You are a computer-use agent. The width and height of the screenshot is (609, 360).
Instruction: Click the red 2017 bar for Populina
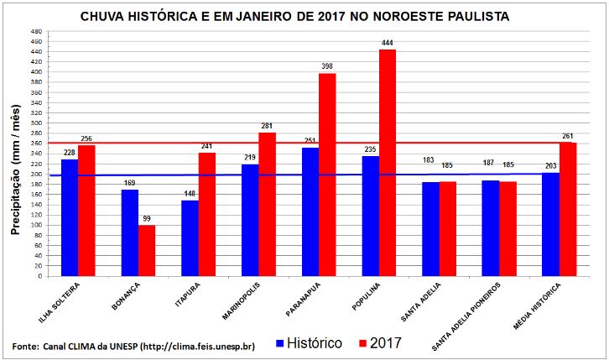click(387, 163)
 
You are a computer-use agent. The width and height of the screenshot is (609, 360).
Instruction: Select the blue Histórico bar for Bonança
click(130, 232)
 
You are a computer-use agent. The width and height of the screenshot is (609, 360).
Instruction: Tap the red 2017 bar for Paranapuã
click(327, 175)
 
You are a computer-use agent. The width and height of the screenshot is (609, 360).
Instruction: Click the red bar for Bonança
click(147, 250)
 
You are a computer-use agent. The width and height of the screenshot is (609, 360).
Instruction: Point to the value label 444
click(387, 42)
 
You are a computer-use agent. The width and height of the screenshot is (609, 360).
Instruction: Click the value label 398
click(327, 65)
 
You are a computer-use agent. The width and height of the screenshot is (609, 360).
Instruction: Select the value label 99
click(148, 217)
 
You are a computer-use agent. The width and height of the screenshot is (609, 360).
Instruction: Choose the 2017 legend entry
click(377, 342)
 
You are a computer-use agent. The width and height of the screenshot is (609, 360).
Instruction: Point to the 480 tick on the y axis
click(35, 32)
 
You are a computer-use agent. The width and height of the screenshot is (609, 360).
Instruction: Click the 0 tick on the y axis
click(39, 275)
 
